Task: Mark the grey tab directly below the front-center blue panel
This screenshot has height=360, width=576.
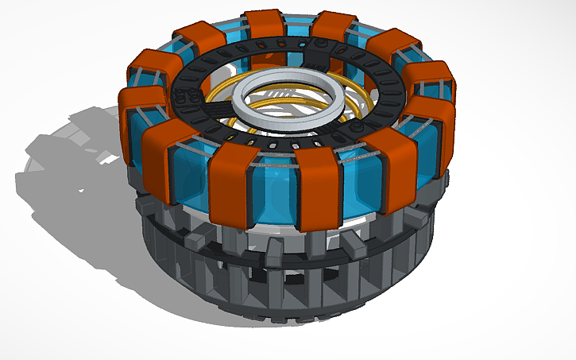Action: click(x=271, y=253)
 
